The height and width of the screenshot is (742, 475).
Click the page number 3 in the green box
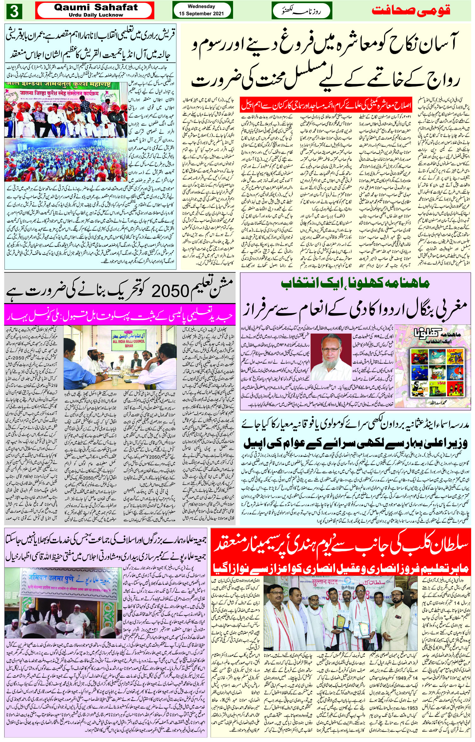pos(14,12)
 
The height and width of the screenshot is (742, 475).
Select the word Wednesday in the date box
pos(201,6)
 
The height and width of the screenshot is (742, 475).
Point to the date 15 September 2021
pos(201,14)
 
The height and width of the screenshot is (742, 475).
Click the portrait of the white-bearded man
pos(337,353)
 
